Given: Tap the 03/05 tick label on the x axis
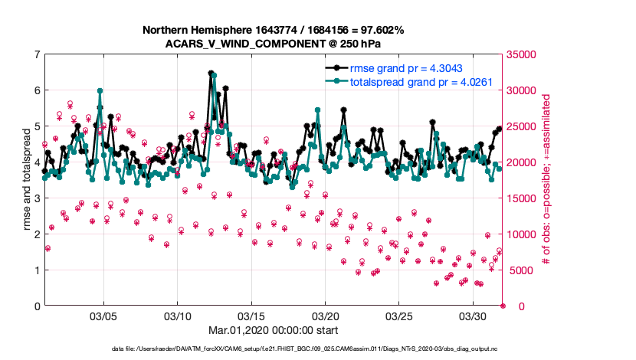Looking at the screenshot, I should (103, 316).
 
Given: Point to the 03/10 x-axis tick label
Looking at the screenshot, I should (178, 316).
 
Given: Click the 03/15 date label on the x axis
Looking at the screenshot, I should (251, 316).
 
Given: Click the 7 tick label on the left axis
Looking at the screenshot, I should (37, 54).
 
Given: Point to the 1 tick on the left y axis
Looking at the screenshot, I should (37, 270).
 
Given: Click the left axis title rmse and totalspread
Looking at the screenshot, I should (27, 180).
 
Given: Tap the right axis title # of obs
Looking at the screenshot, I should (546, 180).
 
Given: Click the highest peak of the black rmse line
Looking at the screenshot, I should (211, 74).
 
